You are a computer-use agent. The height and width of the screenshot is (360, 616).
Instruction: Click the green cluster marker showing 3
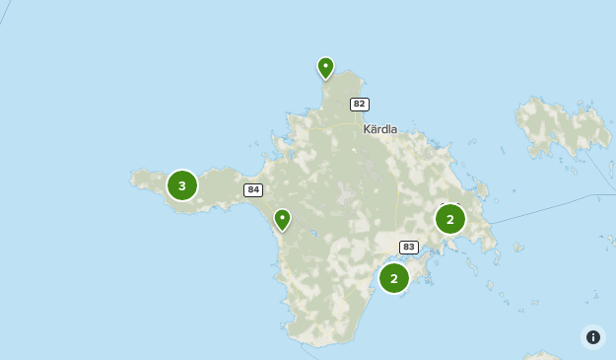[x=182, y=185]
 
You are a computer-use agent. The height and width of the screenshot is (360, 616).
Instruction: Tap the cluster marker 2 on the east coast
[x=450, y=218]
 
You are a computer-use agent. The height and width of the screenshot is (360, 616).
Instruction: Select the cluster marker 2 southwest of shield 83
[x=394, y=278]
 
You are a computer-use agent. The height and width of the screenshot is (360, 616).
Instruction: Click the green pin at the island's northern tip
[x=325, y=68]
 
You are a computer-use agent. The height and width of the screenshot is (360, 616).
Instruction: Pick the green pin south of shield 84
[x=283, y=219]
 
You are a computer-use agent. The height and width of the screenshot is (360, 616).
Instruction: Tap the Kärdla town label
[x=379, y=129]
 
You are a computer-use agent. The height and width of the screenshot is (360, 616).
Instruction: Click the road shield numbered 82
[x=359, y=104]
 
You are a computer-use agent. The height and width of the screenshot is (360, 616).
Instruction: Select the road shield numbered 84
[x=253, y=189]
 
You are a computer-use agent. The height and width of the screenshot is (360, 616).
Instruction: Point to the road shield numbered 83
[x=408, y=247]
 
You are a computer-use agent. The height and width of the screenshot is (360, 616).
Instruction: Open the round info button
[x=593, y=337]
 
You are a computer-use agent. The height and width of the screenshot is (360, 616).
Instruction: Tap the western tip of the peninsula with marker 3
[x=133, y=179]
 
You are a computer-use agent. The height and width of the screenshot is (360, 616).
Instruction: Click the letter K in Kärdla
[x=367, y=129]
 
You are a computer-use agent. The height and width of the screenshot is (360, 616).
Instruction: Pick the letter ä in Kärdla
[x=374, y=129]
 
